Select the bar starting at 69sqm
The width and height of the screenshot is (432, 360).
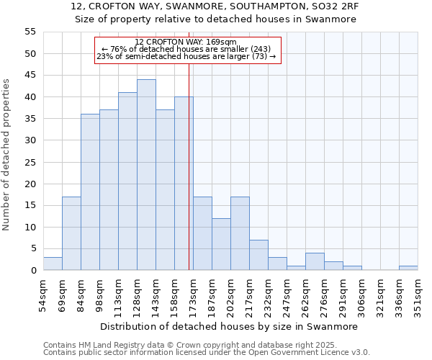point(71,233)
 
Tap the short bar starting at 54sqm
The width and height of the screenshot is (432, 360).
point(53,264)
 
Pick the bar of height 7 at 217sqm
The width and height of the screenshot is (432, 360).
point(258,255)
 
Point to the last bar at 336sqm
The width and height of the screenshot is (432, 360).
point(408,268)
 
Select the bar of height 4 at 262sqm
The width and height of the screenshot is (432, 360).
point(315,262)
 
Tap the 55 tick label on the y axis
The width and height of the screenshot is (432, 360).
point(30,32)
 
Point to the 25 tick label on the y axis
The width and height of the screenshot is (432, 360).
point(30,162)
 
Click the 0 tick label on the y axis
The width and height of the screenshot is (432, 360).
point(32,271)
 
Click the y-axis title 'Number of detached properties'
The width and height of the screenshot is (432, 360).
point(7,155)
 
